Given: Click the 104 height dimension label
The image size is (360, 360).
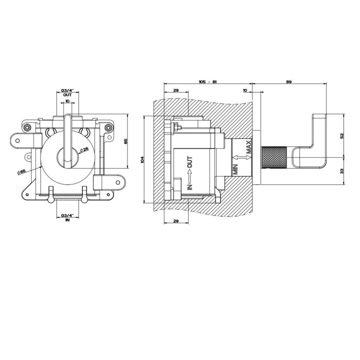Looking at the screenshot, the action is click(x=142, y=159).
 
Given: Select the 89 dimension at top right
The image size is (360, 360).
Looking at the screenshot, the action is click(x=289, y=81).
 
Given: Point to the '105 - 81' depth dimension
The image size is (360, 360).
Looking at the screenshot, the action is click(x=208, y=81).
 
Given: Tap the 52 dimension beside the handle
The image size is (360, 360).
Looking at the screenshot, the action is click(x=342, y=135).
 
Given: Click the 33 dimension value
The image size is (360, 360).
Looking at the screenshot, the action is click(x=342, y=171).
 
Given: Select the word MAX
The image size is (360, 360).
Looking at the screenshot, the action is click(x=248, y=147).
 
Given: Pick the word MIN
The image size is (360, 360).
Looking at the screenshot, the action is click(x=236, y=169).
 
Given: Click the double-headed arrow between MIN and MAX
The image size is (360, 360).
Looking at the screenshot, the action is click(x=241, y=157).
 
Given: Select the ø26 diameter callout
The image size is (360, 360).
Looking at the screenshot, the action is click(x=84, y=150).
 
